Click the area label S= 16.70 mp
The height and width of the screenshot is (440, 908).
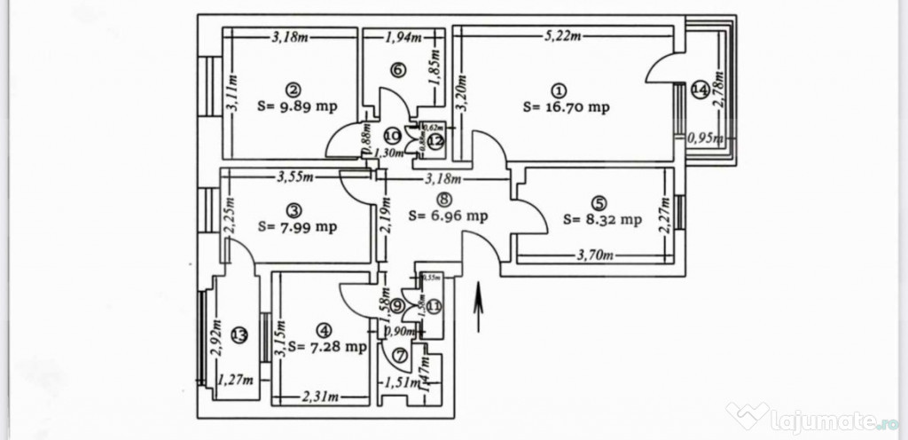(566, 107)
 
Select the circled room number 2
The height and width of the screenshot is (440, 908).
(292, 89)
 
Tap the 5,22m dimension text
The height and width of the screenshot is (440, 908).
(563, 36)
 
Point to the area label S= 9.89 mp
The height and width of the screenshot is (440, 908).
(296, 106)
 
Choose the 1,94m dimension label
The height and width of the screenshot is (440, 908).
(403, 37)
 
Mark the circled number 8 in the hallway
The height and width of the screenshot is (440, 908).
(443, 200)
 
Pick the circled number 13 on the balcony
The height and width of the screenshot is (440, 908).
(238, 334)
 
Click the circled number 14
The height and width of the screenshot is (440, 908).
(700, 88)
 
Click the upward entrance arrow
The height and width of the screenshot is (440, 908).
(479, 307)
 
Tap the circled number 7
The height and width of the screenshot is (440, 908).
(398, 357)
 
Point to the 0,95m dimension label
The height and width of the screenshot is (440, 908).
(707, 138)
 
